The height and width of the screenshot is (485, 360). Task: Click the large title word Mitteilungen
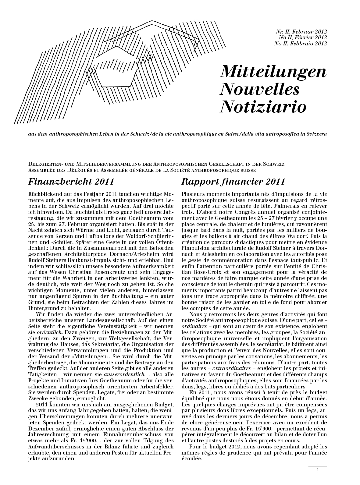click(273, 72)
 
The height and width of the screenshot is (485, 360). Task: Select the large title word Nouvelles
click(259, 89)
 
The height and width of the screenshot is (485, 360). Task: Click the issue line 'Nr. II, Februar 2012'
click(301, 31)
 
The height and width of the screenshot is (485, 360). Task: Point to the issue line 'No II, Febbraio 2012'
click(301, 43)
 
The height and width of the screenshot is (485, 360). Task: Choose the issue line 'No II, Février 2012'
click(302, 37)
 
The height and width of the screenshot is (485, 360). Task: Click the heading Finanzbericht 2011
click(71, 182)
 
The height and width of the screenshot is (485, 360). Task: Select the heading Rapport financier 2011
click(233, 182)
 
